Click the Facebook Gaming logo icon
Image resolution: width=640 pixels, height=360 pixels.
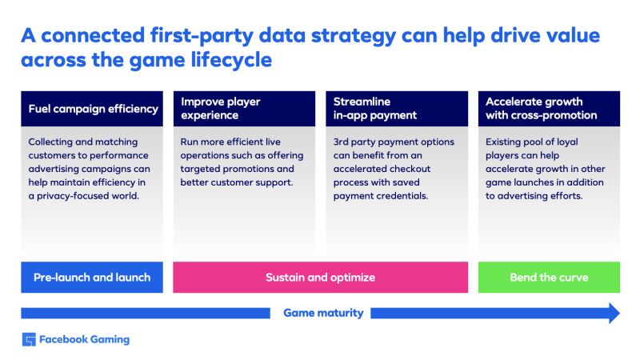coord(29,339)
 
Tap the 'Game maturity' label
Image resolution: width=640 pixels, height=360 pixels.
coord(323,313)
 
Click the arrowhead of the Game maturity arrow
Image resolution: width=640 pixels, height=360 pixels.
coord(614,313)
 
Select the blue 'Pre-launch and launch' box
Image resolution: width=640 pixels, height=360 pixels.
coord(92,277)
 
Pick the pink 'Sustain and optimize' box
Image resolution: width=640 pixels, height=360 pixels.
coord(321,277)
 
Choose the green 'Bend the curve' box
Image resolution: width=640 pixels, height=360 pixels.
coord(549,277)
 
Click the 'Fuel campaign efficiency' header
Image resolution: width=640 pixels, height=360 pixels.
coord(92,109)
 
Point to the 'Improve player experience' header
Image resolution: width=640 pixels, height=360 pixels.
coord(244,109)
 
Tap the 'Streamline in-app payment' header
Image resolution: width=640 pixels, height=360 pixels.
coord(397,109)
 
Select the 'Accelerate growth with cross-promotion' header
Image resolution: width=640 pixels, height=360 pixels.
coord(549,109)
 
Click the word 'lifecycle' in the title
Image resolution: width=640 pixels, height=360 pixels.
coord(231,60)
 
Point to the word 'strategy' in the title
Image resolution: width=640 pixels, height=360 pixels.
coord(354,36)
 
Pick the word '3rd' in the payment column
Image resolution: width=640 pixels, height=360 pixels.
coord(341,142)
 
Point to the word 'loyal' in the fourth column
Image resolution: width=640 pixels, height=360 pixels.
coord(567,142)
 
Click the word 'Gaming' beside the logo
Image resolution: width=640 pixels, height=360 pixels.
coord(110,339)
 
